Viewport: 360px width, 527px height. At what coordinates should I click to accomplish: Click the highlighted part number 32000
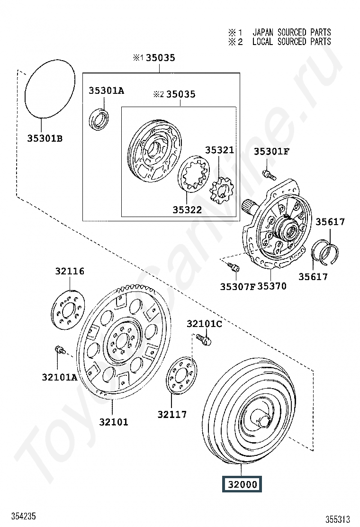pyautogui.click(x=242, y=484)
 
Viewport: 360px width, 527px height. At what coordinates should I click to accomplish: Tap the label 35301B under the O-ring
pyautogui.click(x=45, y=138)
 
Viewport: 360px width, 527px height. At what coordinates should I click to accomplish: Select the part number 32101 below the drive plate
pyautogui.click(x=114, y=422)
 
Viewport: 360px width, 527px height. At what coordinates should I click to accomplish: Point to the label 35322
pyautogui.click(x=187, y=210)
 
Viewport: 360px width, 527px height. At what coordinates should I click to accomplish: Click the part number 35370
pyautogui.click(x=272, y=286)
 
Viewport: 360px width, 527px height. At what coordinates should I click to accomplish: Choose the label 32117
pyautogui.click(x=172, y=414)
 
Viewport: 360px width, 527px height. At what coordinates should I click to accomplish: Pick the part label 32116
pyautogui.click(x=70, y=271)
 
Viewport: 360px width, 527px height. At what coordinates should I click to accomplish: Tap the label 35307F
pyautogui.click(x=238, y=286)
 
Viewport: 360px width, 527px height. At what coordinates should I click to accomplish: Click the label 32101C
pyautogui.click(x=204, y=324)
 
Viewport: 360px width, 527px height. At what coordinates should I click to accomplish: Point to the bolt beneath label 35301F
pyautogui.click(x=269, y=174)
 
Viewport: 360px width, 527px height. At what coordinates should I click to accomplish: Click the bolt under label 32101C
pyautogui.click(x=204, y=339)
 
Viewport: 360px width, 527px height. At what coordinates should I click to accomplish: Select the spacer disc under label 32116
pyautogui.click(x=69, y=310)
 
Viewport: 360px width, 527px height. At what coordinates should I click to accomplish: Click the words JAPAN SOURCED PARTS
pyautogui.click(x=291, y=32)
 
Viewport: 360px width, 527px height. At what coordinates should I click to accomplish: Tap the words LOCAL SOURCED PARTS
pyautogui.click(x=291, y=42)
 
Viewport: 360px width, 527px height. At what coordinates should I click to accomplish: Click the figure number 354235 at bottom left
pyautogui.click(x=24, y=516)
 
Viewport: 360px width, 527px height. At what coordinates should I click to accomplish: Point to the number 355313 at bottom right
pyautogui.click(x=337, y=519)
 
